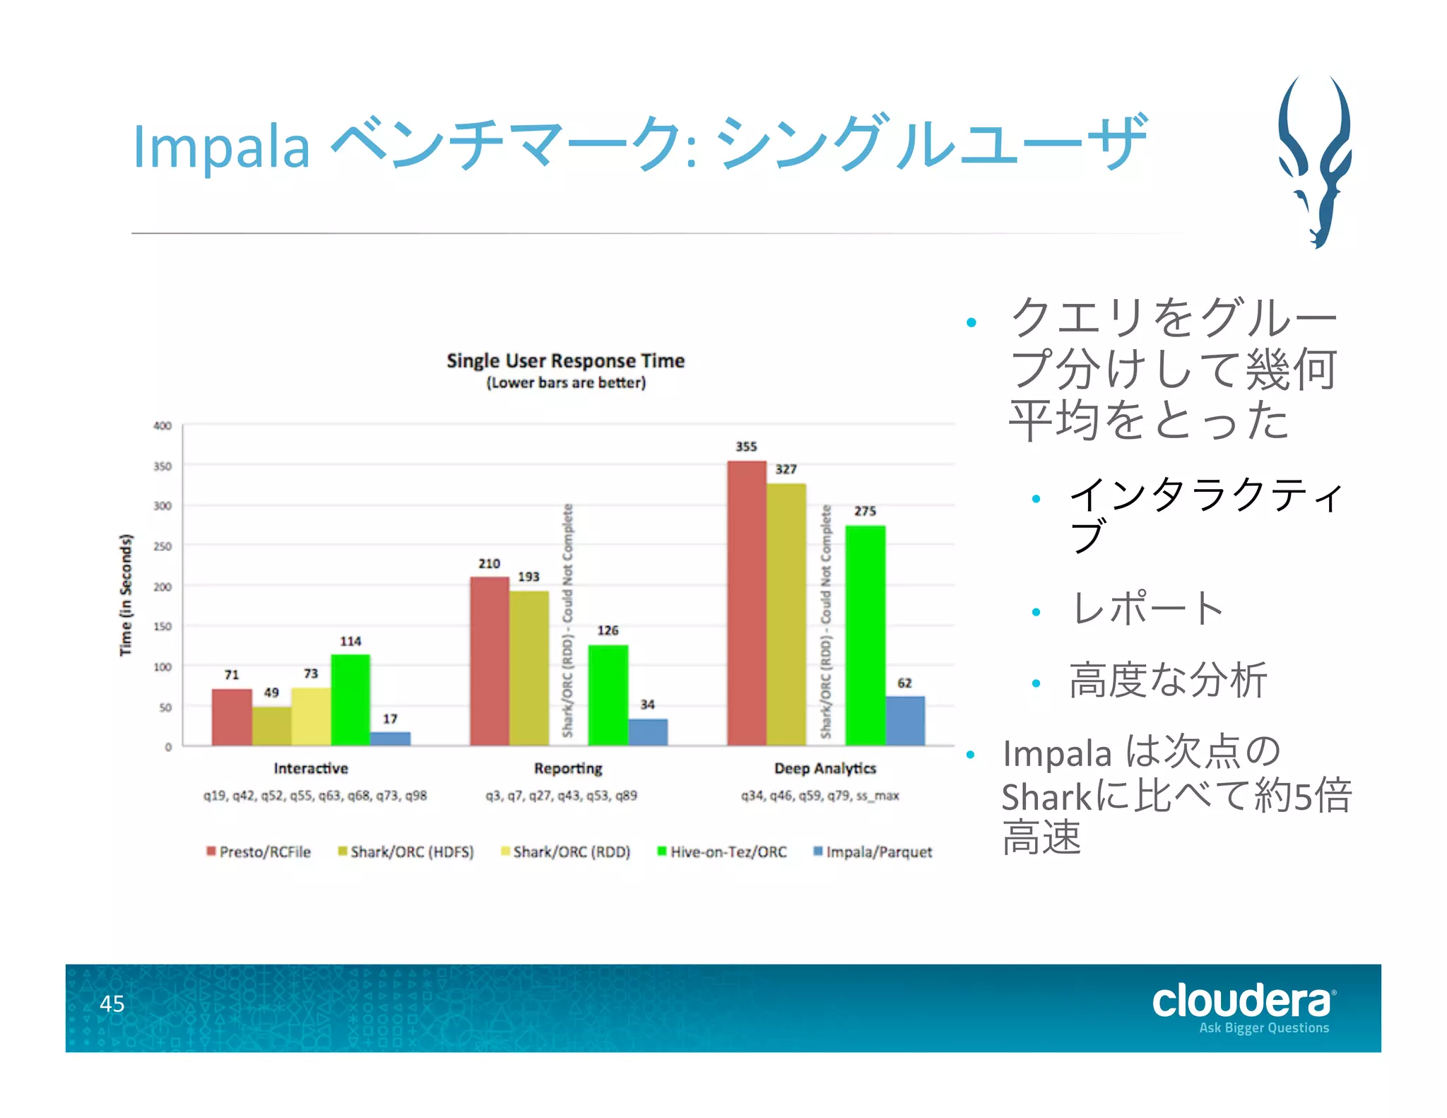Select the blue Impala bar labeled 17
[x=390, y=739]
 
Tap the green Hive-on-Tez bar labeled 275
[x=865, y=635]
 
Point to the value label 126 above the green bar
[x=608, y=630]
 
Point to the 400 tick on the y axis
[x=163, y=425]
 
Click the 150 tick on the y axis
[x=163, y=626]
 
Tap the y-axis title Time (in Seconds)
[x=126, y=595]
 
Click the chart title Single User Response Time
[x=565, y=360]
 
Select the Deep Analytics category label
[x=825, y=768]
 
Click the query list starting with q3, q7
[x=561, y=796]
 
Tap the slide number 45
[x=112, y=1004]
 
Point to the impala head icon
[x=1314, y=163]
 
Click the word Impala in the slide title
[x=221, y=147]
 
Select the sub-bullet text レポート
[x=1147, y=608]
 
